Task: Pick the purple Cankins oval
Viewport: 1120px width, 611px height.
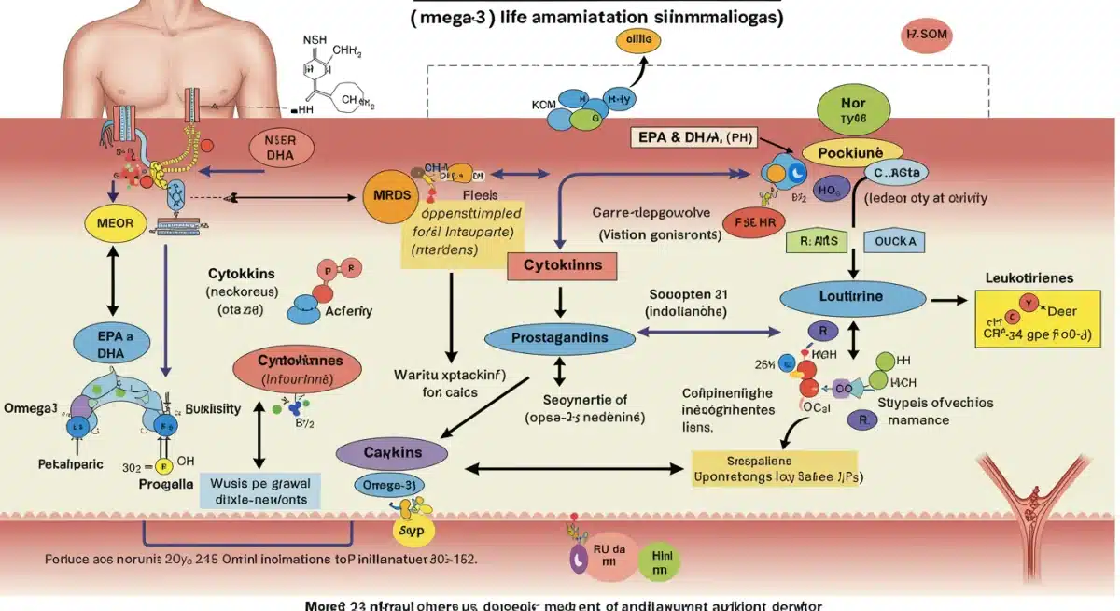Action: click(393, 452)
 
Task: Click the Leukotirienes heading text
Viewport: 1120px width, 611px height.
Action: click(1029, 278)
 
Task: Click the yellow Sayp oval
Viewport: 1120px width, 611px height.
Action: click(412, 529)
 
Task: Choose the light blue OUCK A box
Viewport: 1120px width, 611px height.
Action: click(897, 241)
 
